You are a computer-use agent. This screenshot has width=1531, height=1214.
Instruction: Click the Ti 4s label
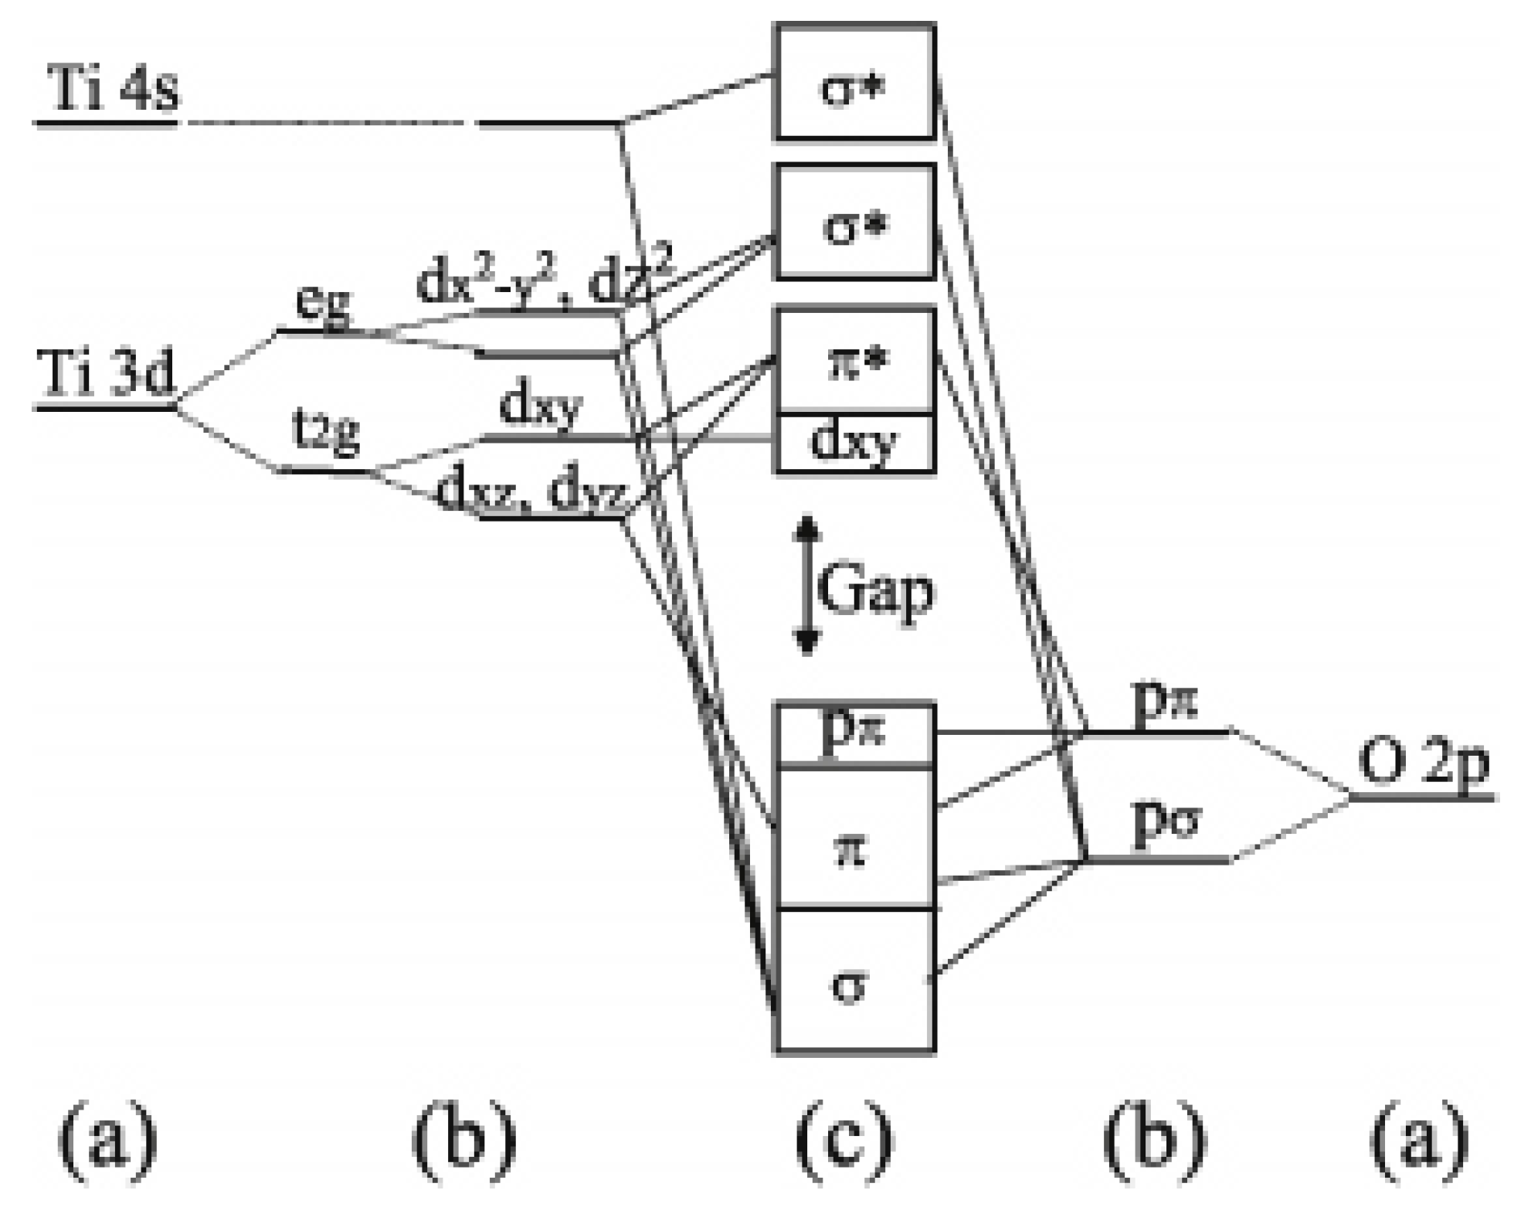tap(112, 89)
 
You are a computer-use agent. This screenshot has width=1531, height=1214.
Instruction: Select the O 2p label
tap(1424, 763)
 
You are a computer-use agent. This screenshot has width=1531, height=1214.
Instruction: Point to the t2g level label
tap(327, 434)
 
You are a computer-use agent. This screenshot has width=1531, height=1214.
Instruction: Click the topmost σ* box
tap(854, 83)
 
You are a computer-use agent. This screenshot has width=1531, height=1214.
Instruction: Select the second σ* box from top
tap(854, 222)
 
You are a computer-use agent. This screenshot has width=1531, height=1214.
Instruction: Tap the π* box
tap(854, 362)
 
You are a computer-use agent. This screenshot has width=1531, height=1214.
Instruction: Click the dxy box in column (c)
tap(854, 443)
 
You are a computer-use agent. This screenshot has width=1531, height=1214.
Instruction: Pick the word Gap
tap(874, 591)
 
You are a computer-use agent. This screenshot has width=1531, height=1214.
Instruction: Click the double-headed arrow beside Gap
tap(806, 586)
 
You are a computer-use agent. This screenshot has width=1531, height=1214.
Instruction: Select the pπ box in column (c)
tap(854, 735)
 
